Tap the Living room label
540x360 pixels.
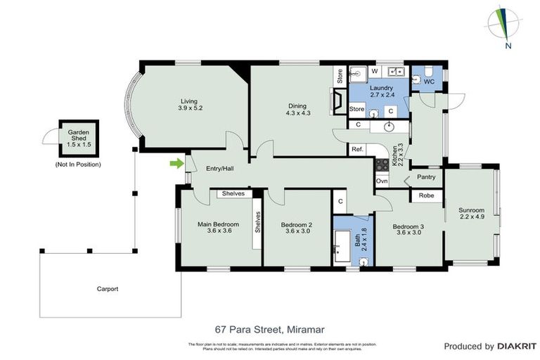(189, 105)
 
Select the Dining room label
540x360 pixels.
(298, 108)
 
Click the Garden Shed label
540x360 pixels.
(78, 137)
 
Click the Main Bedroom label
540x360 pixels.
(218, 228)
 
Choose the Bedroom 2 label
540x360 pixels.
(297, 228)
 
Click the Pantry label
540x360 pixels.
(427, 177)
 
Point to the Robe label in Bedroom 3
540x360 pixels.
(426, 196)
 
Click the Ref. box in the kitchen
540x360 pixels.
(357, 150)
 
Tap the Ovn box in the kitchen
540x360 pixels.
(382, 181)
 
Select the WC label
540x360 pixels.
(428, 82)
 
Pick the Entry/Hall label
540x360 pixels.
(219, 169)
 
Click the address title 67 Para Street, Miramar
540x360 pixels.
(270, 328)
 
